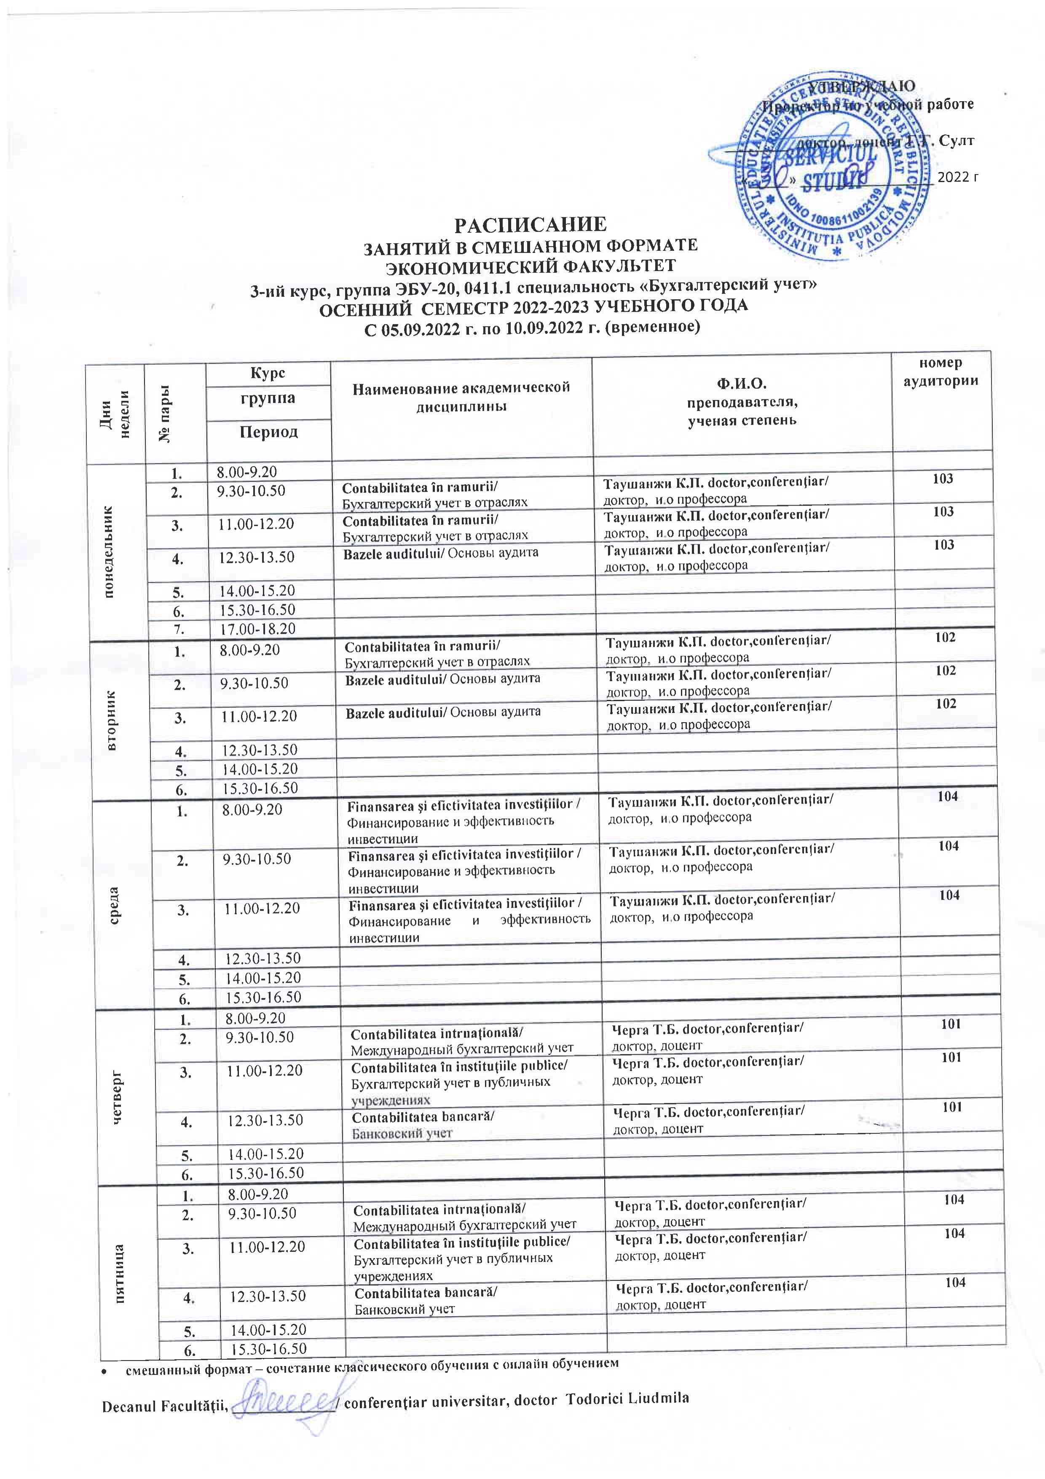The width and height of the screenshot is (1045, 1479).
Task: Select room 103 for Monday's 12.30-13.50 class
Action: (x=943, y=545)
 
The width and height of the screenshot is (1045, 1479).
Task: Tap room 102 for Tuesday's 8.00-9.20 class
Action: (x=945, y=638)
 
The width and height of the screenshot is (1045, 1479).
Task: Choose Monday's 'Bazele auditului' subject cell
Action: (x=440, y=553)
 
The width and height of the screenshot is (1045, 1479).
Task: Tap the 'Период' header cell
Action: (x=268, y=431)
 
